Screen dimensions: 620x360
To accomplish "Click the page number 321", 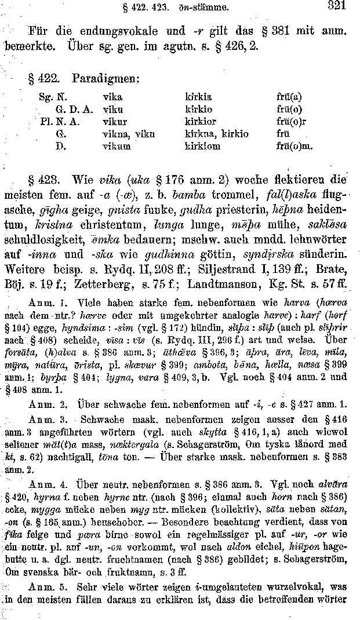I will click(x=336, y=7).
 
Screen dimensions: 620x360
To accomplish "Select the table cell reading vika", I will click(x=112, y=97).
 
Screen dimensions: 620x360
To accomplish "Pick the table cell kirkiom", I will click(x=202, y=147).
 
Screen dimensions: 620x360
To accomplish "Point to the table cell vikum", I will click(x=115, y=147).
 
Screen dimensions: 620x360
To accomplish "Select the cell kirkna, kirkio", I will click(x=216, y=134).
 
